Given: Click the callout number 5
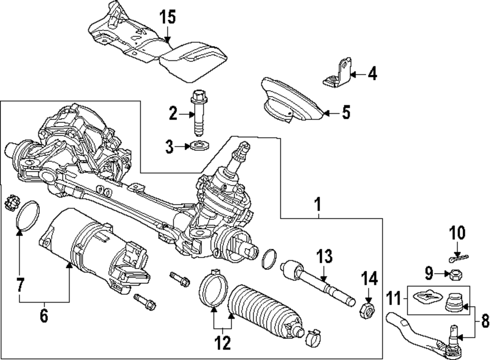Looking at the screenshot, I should (x=346, y=113).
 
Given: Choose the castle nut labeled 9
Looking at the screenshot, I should (x=455, y=275).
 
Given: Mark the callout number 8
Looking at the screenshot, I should (x=484, y=321).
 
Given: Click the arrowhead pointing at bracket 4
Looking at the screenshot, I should (x=354, y=75).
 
